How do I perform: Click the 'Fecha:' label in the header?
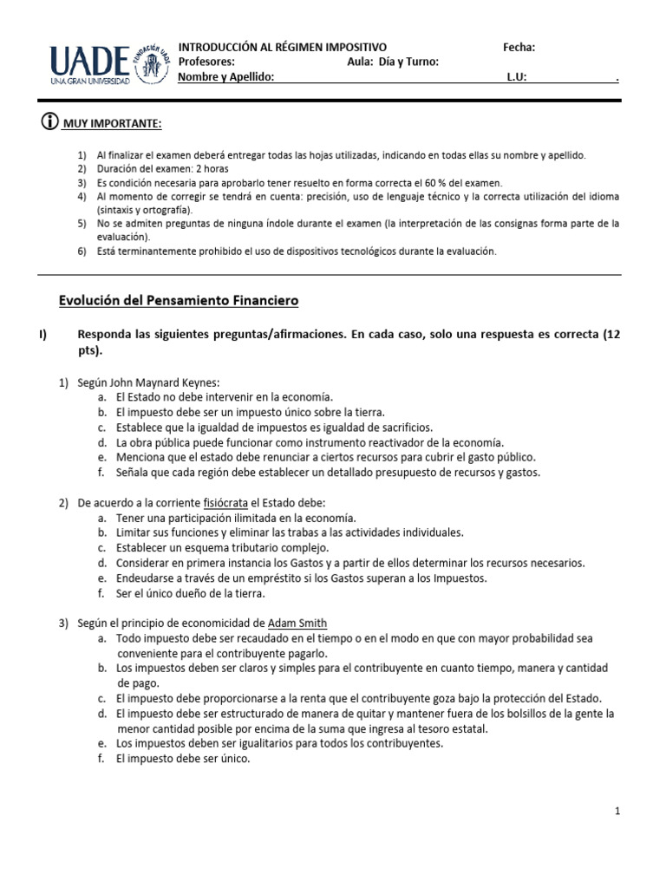tap(519, 47)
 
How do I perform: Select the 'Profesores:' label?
tap(206, 62)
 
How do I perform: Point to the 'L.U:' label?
tap(517, 77)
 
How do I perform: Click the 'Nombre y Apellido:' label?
tap(225, 77)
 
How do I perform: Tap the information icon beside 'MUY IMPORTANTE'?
tap(49, 123)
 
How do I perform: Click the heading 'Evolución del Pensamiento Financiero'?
tap(178, 301)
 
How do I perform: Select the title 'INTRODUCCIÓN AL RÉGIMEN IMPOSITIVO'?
tap(283, 47)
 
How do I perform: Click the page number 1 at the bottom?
tap(617, 811)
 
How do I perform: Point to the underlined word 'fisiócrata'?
tap(226, 503)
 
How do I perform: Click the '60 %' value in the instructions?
tap(437, 183)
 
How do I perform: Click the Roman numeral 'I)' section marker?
tap(44, 335)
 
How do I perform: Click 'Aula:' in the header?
tap(360, 62)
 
